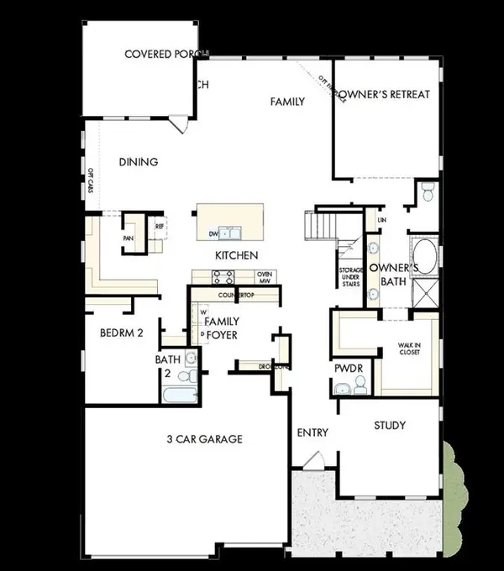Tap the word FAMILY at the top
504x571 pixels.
(x=286, y=102)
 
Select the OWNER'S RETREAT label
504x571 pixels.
(x=388, y=94)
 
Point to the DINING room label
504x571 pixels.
(x=139, y=162)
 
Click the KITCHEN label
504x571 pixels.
(x=236, y=254)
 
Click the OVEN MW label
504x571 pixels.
(x=265, y=278)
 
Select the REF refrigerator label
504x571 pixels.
(x=160, y=225)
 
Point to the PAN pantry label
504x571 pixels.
(x=129, y=238)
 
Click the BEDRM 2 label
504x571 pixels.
(x=123, y=333)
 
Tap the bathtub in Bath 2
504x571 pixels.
(x=178, y=396)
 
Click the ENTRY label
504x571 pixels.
(x=312, y=432)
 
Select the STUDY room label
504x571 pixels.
(x=390, y=426)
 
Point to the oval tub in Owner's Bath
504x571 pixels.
(x=422, y=255)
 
